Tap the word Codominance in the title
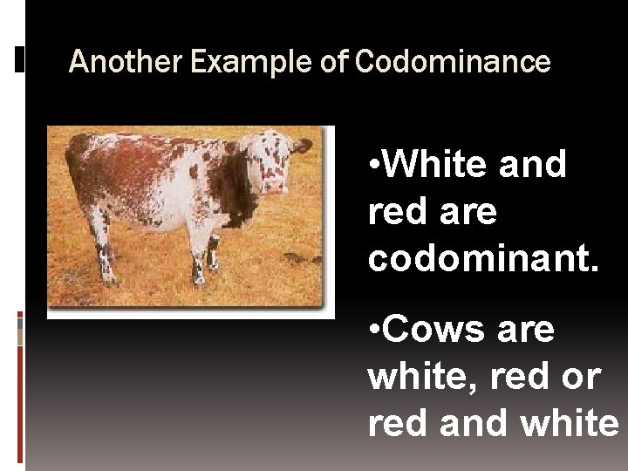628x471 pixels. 454,62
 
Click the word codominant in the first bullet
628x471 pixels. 484,258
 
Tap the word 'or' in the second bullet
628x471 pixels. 582,377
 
